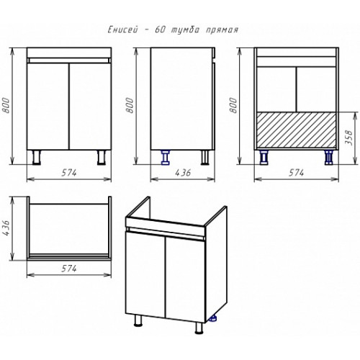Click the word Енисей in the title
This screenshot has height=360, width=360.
[x=123, y=30]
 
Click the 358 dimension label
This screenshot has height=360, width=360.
[x=350, y=138]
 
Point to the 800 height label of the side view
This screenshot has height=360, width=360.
[x=130, y=105]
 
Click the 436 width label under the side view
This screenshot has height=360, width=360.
[x=183, y=173]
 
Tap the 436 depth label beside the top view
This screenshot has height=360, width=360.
[x=6, y=228]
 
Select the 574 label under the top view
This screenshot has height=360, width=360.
[x=69, y=269]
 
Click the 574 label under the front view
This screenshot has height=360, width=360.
[x=69, y=173]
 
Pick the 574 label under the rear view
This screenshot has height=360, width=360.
[x=296, y=173]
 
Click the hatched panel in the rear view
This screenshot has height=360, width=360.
[x=297, y=130]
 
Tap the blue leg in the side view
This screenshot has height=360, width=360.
[x=166, y=158]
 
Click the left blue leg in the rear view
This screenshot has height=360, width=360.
[x=264, y=158]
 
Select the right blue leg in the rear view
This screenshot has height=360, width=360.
[x=328, y=158]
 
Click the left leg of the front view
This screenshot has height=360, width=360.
[x=37, y=158]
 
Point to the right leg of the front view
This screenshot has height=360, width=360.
[x=102, y=158]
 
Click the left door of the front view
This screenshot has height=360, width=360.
[x=48, y=107]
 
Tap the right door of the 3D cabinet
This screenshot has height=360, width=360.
[x=185, y=280]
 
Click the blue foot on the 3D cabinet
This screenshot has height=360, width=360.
[x=212, y=318]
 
